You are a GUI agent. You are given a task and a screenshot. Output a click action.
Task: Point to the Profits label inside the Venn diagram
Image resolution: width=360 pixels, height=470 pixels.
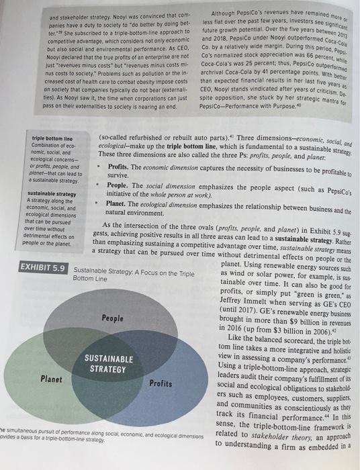pos(161,383)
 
